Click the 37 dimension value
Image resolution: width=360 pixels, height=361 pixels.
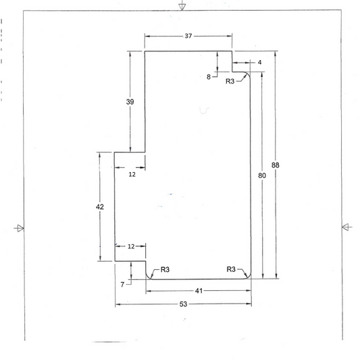click(188, 36)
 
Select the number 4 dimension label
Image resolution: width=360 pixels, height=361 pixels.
click(259, 62)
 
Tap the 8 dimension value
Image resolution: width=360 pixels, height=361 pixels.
click(209, 77)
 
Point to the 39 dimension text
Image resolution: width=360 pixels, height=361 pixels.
click(130, 102)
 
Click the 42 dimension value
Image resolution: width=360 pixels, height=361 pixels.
click(100, 206)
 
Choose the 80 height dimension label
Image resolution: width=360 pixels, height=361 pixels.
click(262, 175)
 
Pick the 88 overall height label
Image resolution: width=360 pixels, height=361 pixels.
click(276, 165)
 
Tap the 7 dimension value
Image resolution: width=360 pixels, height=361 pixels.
click(122, 285)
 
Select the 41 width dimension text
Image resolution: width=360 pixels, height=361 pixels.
click(199, 291)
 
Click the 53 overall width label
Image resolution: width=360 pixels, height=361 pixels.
click(183, 304)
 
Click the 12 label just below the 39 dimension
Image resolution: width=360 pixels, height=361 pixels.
click(132, 175)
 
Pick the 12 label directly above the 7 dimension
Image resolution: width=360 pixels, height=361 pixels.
click(131, 246)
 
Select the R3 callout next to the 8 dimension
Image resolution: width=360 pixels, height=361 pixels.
click(230, 81)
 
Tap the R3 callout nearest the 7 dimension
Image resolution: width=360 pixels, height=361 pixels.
click(165, 269)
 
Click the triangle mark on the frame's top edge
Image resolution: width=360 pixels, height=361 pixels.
click(182, 7)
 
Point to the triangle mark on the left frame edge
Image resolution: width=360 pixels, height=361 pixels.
click(20, 228)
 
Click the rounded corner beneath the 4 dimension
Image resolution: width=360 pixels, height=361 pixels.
click(249, 74)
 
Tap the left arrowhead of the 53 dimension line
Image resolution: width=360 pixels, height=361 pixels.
click(118, 304)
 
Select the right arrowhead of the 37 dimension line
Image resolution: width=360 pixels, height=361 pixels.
click(230, 36)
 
